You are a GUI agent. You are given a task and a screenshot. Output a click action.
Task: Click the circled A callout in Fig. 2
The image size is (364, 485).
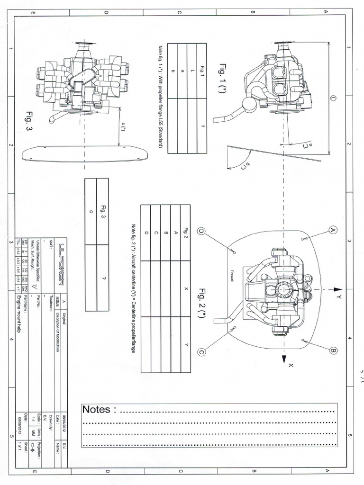332,230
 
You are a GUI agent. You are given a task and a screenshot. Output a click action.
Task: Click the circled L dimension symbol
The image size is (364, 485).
332,97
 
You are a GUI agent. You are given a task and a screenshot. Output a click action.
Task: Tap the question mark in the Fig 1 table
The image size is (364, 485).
189,126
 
